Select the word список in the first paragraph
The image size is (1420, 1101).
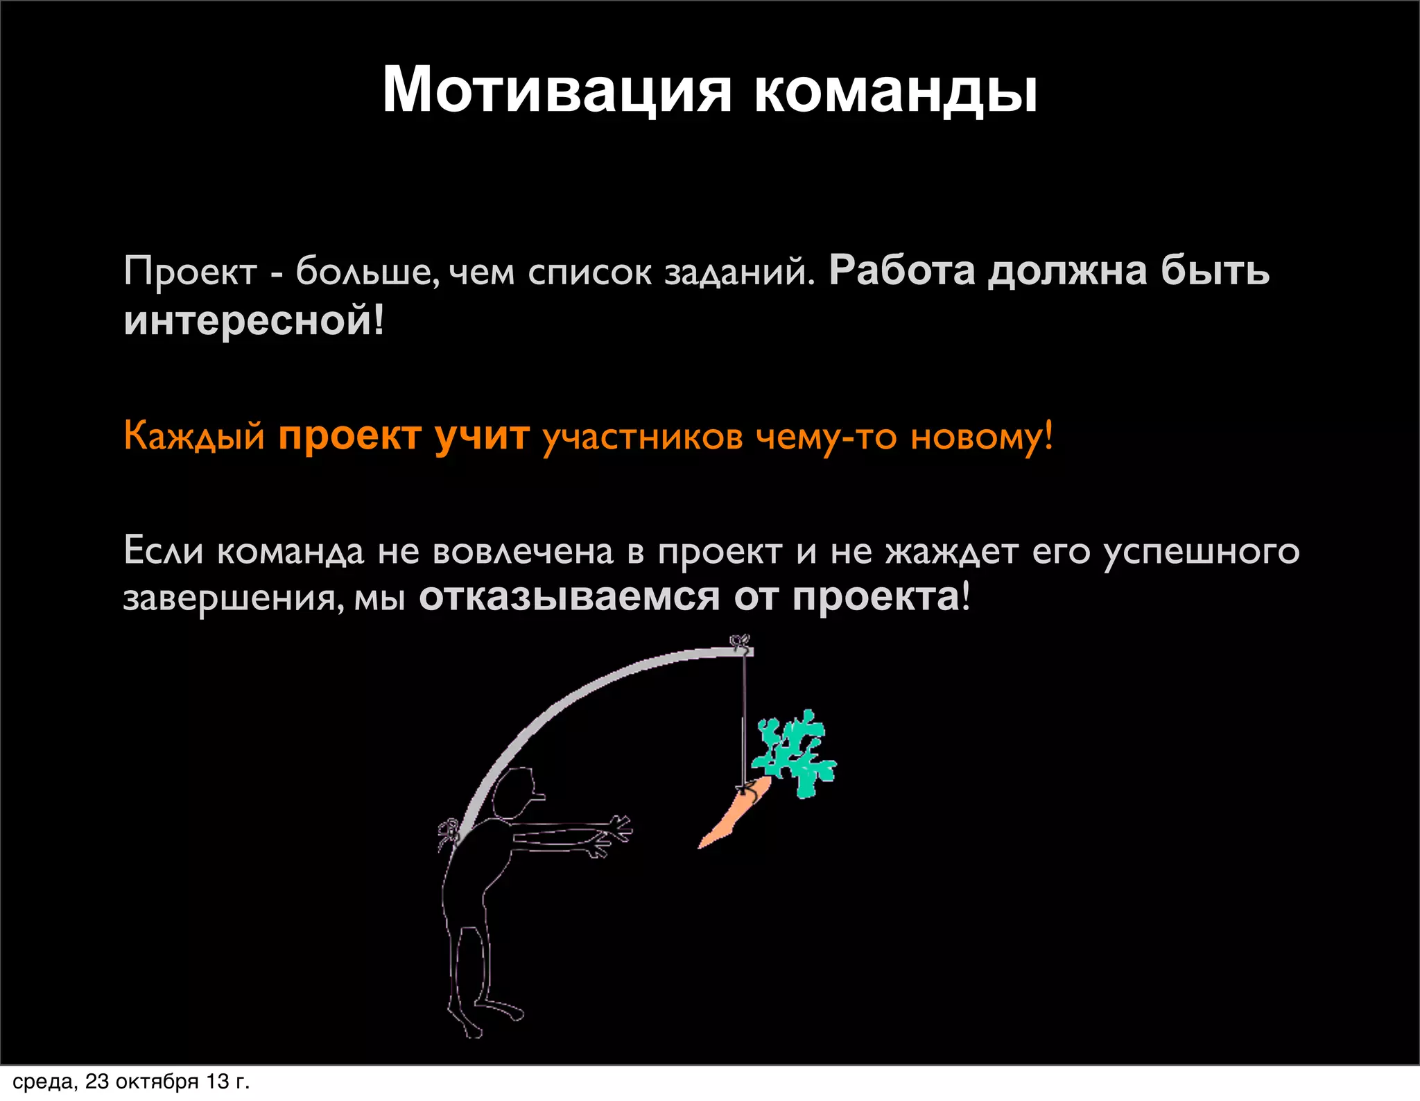pos(589,272)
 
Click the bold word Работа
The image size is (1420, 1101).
pos(902,270)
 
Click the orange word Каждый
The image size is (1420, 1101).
pos(194,437)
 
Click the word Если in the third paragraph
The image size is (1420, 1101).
pos(164,551)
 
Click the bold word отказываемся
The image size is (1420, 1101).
pos(569,597)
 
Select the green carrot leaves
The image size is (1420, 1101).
pos(797,752)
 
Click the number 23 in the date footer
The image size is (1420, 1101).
pos(96,1082)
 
